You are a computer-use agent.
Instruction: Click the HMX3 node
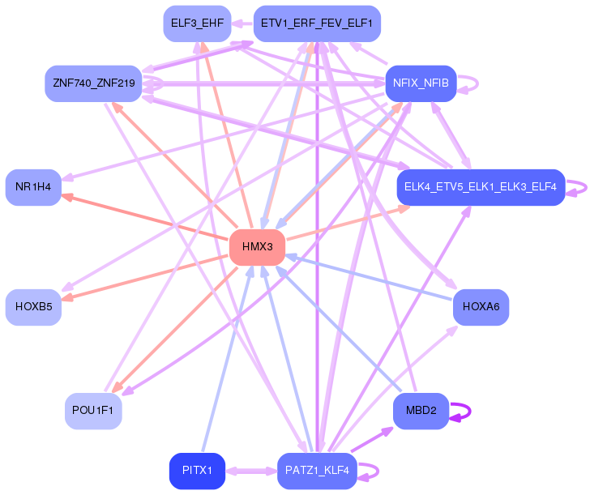[x=257, y=247]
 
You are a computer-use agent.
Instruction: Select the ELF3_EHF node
[x=197, y=23]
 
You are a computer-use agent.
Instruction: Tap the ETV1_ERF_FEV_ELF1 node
[x=317, y=23]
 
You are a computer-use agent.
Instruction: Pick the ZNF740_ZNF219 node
[x=93, y=83]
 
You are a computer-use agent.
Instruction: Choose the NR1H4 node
[x=33, y=187]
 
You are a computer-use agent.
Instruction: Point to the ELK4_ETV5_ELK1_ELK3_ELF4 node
[x=481, y=187]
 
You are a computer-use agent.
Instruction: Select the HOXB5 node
[x=33, y=307]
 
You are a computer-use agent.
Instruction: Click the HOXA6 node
[x=481, y=307]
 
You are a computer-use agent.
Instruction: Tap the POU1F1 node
[x=93, y=411]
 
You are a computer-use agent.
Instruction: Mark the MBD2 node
[x=421, y=411]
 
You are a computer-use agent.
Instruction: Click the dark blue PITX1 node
[x=197, y=471]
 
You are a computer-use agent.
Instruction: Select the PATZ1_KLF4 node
[x=317, y=471]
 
